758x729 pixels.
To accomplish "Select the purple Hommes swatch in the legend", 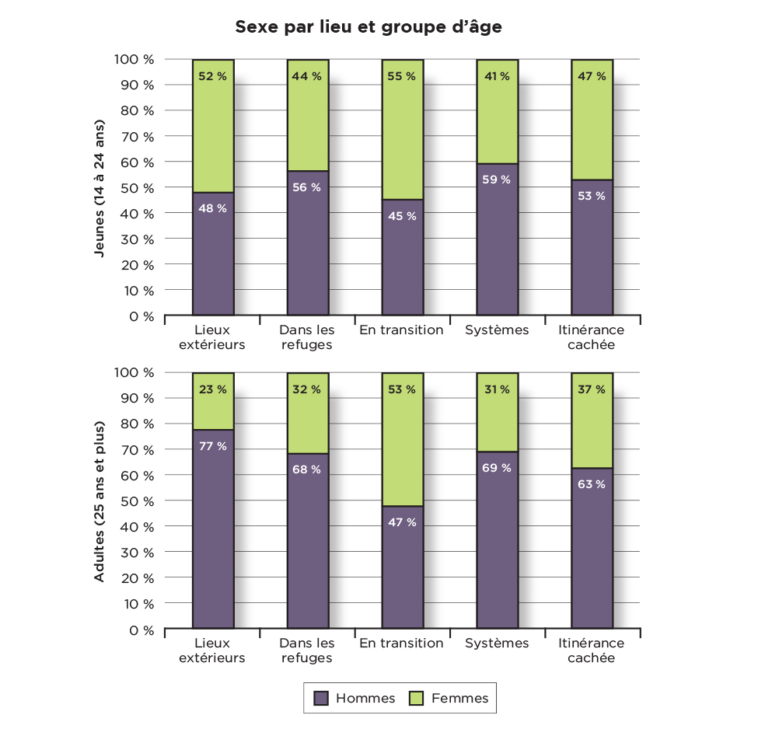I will point(320,698).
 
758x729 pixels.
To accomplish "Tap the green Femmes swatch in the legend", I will point(417,698).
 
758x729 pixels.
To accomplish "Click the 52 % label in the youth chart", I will point(213,76).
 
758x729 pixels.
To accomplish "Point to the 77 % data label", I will point(213,446).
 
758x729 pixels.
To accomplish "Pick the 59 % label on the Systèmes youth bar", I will point(497,180).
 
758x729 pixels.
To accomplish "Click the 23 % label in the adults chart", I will point(213,389).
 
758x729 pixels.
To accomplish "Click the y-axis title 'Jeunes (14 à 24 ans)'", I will point(99,187).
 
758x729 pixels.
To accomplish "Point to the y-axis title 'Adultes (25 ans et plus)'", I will point(99,501).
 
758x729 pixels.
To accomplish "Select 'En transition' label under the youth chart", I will point(401,330).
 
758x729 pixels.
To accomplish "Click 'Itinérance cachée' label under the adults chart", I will point(592,651).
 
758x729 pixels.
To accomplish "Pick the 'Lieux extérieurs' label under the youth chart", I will point(212,337).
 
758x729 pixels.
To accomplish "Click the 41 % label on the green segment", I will point(497,76).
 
